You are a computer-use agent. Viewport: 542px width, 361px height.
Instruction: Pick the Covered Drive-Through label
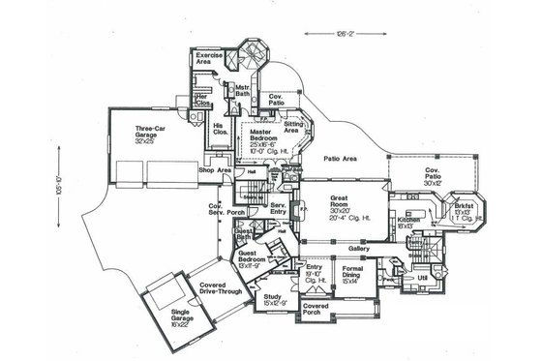(x=221, y=287)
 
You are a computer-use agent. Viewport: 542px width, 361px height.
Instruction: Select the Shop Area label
(x=213, y=170)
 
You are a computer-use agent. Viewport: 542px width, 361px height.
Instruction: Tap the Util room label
(x=422, y=277)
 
